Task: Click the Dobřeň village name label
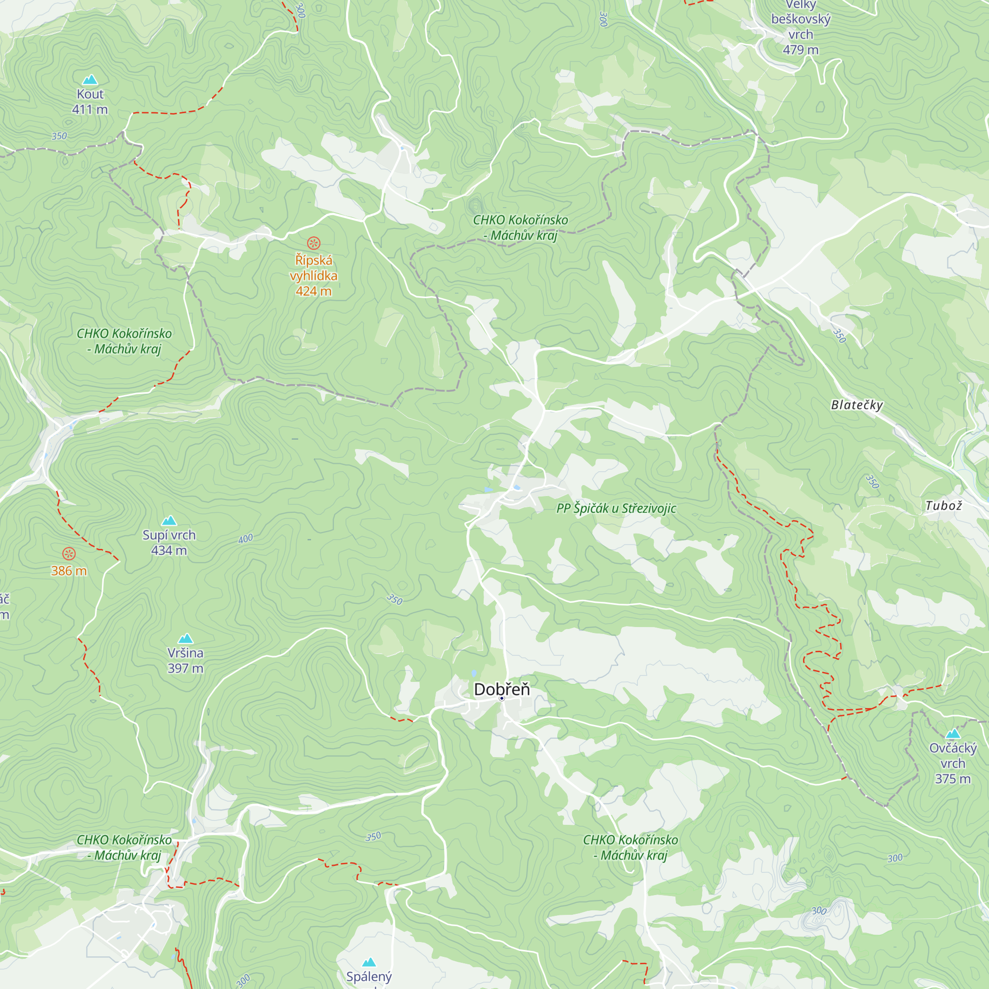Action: [x=501, y=689]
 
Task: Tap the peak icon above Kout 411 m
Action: [x=90, y=79]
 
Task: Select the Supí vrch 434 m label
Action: [x=169, y=542]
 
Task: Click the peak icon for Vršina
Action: [x=185, y=638]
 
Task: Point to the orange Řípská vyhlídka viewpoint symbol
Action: [x=314, y=243]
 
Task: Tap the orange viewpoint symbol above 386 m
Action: [x=69, y=553]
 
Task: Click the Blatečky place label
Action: [x=857, y=405]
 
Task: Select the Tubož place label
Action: [x=944, y=506]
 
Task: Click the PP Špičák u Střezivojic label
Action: [x=616, y=508]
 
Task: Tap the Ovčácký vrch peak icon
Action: [x=953, y=733]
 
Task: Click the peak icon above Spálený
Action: [x=369, y=962]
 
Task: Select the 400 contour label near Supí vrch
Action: [x=246, y=539]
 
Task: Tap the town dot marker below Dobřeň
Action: [x=501, y=698]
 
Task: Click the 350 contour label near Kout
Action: [x=59, y=136]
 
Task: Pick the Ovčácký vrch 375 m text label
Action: [x=953, y=763]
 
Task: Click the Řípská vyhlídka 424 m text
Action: [x=314, y=275]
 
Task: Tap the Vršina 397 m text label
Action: [x=185, y=660]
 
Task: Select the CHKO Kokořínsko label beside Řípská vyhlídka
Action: [x=520, y=227]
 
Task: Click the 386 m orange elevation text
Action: [x=69, y=571]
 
